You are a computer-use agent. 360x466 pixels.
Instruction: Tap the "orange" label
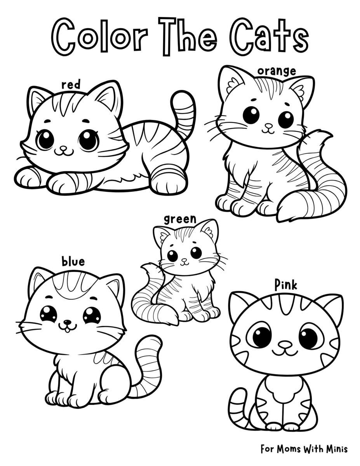pos(277,71)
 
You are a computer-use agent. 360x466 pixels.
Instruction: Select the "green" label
pos(180,219)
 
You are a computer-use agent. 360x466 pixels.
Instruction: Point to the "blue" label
pos(73,262)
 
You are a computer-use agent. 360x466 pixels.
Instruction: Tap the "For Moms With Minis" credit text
pos(304,449)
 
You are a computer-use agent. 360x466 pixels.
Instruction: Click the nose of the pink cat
pos(285,344)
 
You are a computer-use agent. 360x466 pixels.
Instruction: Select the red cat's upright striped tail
pos(184,113)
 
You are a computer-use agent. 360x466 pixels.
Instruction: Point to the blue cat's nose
pos(68,322)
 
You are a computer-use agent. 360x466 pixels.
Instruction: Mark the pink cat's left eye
pos(261,336)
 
